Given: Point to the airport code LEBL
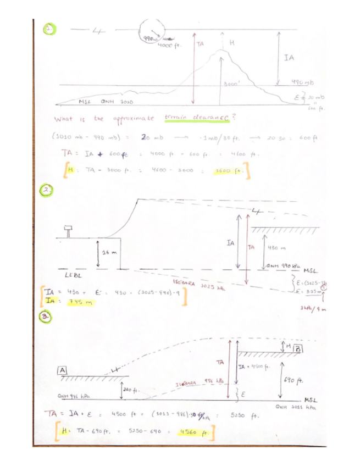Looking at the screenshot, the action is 75,275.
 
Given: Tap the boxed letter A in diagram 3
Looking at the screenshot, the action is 63,369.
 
